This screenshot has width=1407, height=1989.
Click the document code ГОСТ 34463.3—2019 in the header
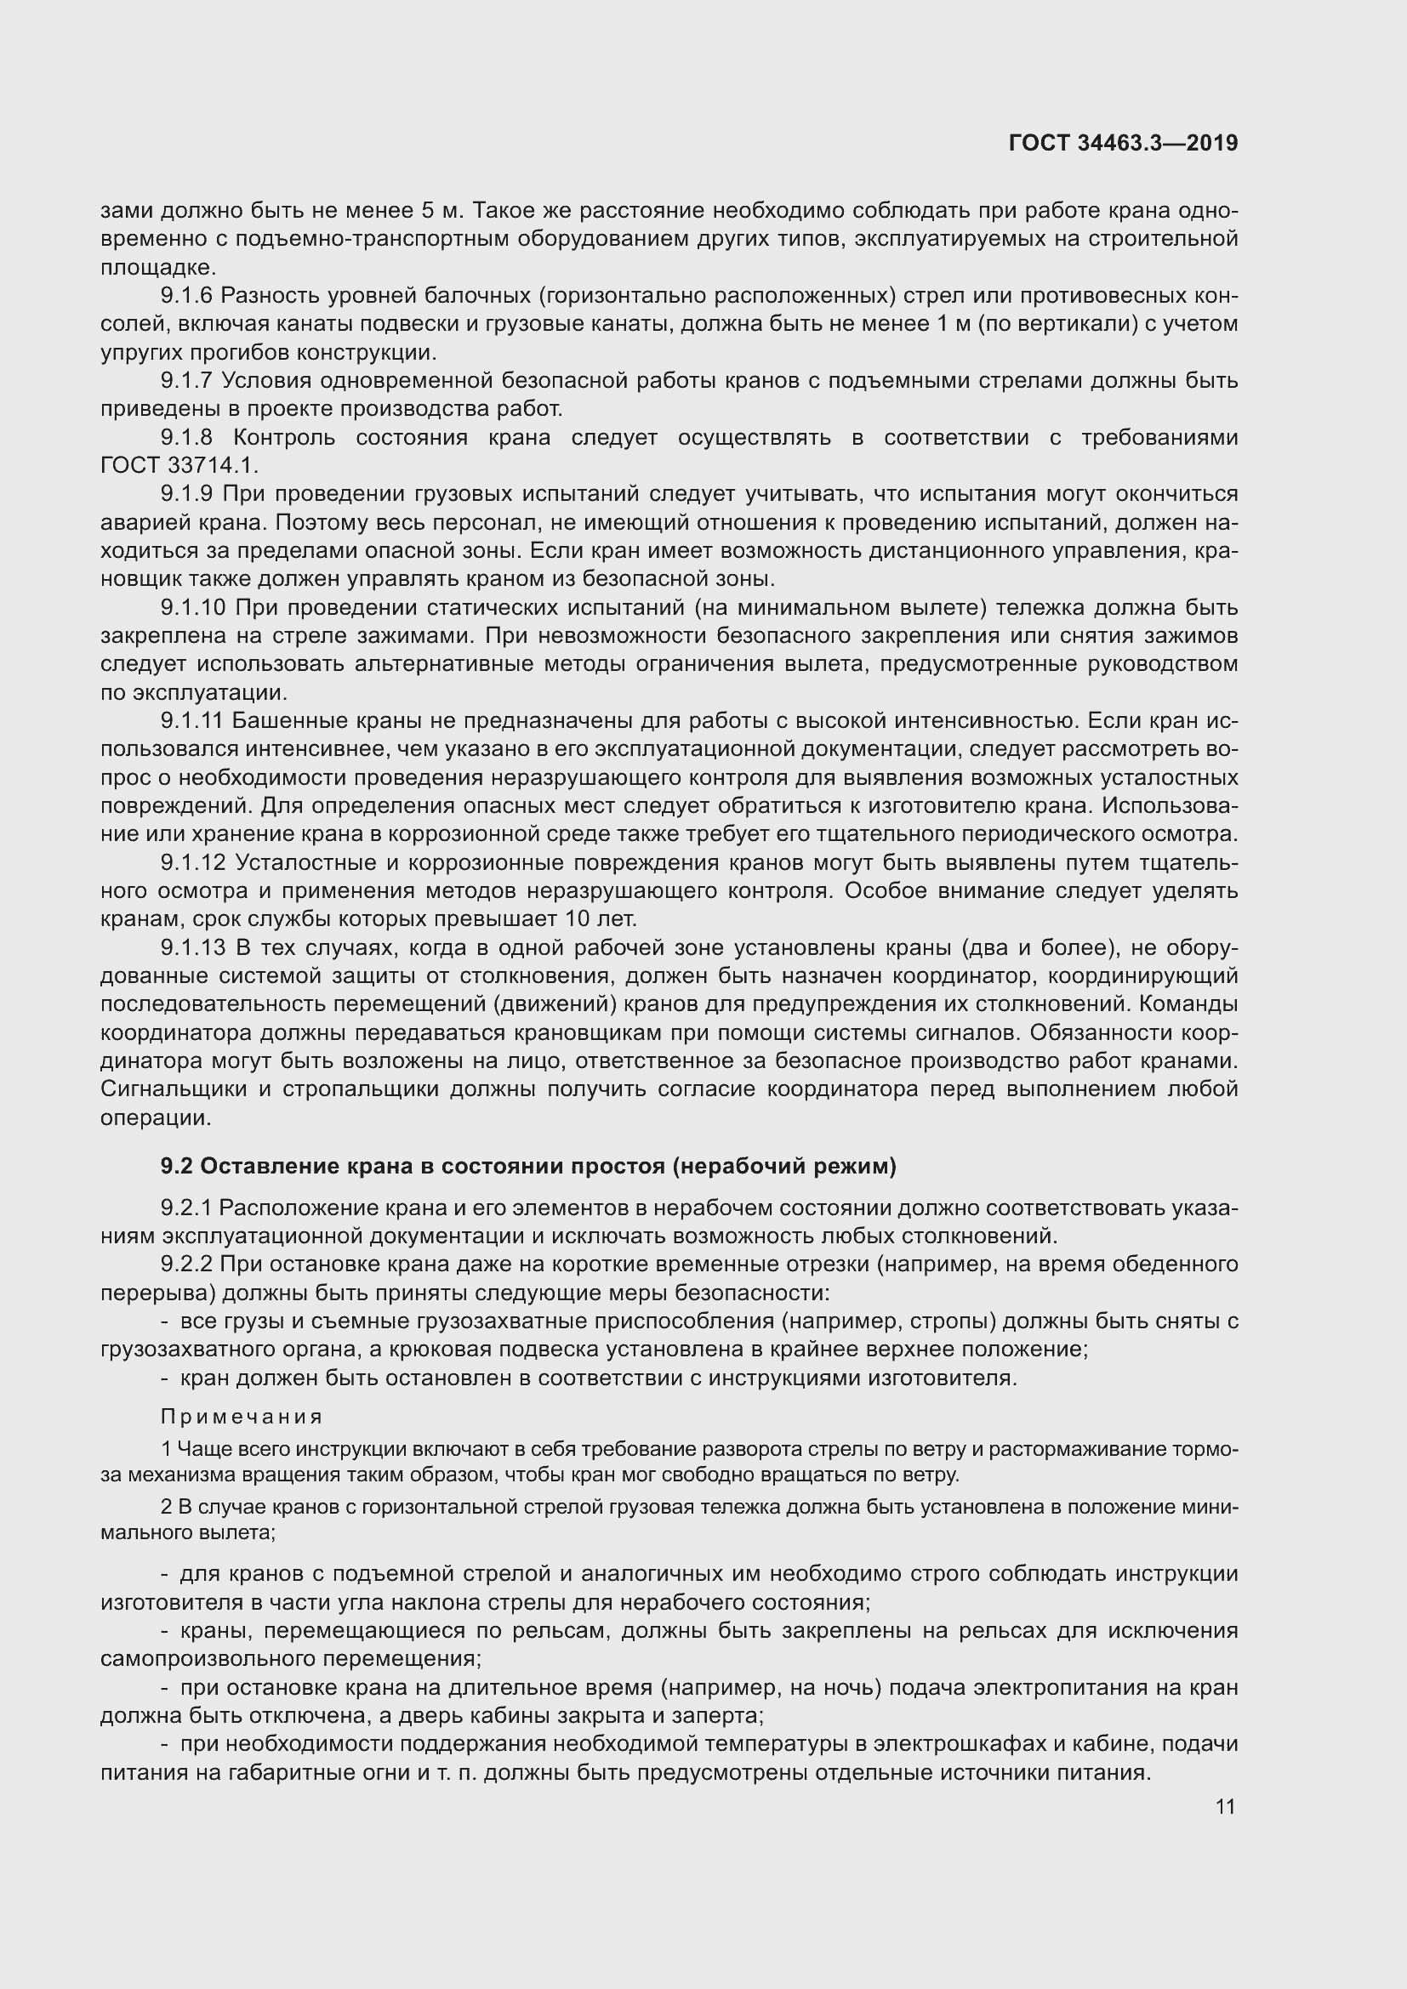[1123, 143]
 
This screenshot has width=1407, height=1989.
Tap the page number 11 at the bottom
[1225, 1806]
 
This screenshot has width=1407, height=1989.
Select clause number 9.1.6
[185, 295]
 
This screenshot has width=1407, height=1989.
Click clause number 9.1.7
[185, 380]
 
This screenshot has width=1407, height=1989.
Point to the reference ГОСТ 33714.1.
[179, 465]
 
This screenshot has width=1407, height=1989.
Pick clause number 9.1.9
[185, 494]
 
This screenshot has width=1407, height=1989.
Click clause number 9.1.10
[191, 607]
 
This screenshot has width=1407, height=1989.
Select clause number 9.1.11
[191, 721]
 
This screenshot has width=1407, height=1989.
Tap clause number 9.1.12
[192, 863]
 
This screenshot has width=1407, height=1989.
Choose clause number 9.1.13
[192, 947]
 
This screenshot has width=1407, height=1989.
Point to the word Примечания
[242, 1417]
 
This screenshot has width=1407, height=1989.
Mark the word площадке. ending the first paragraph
[157, 268]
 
